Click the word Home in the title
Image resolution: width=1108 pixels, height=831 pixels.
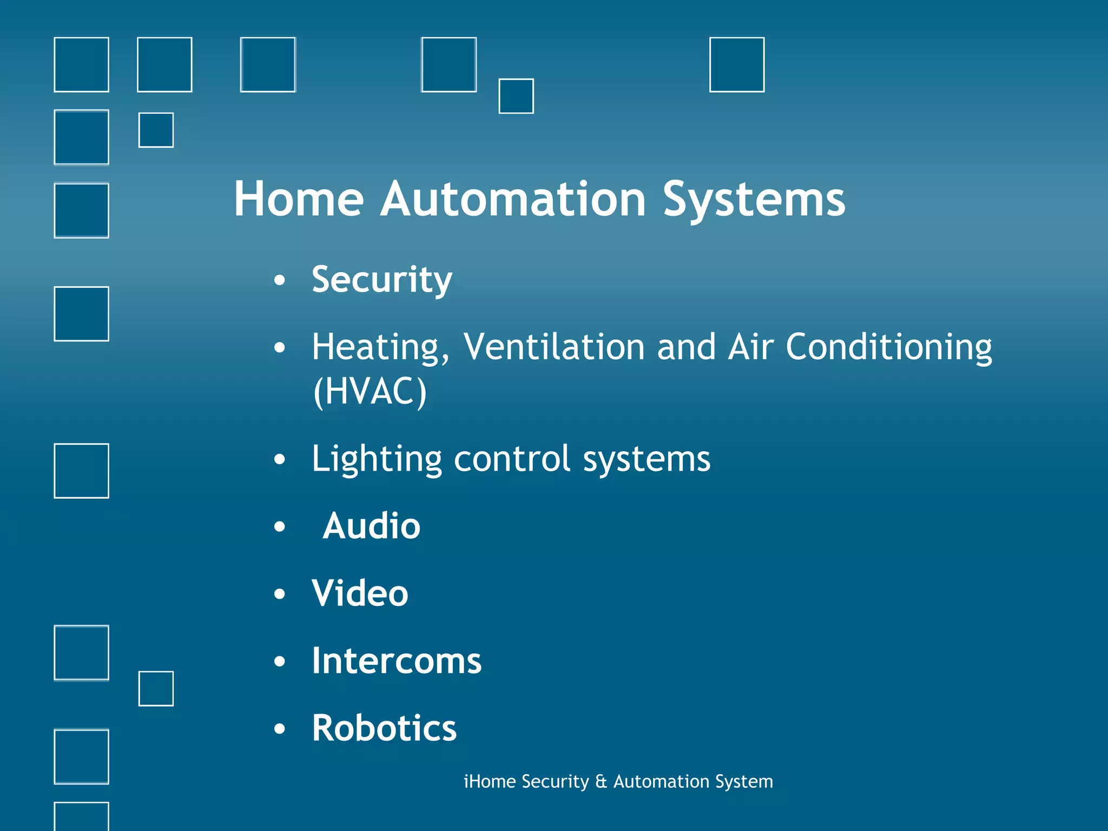coord(299,200)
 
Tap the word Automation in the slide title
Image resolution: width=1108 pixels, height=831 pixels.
coord(513,200)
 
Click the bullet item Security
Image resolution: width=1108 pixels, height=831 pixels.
coord(381,280)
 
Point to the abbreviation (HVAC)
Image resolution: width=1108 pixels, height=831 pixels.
coord(370,392)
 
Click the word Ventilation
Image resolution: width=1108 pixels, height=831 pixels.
coord(554,347)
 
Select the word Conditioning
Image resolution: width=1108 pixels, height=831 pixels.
coord(888,347)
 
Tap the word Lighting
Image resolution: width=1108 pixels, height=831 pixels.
coord(377,459)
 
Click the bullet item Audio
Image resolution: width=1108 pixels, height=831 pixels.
coord(371,526)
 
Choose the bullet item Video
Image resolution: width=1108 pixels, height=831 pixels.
coord(360,593)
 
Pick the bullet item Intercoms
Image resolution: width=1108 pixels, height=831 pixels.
coord(396,661)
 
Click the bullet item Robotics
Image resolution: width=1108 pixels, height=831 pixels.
coord(384,728)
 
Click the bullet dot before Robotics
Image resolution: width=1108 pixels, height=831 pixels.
coord(279,729)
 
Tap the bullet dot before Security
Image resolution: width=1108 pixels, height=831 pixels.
coord(279,280)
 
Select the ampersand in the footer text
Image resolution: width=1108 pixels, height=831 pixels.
coord(601,782)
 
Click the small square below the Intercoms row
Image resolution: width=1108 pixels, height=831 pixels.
coord(156,689)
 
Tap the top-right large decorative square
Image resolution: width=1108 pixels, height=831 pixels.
coord(736,64)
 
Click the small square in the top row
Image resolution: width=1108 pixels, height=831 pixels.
coord(516,96)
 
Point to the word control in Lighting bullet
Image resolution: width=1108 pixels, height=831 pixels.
coord(512,459)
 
